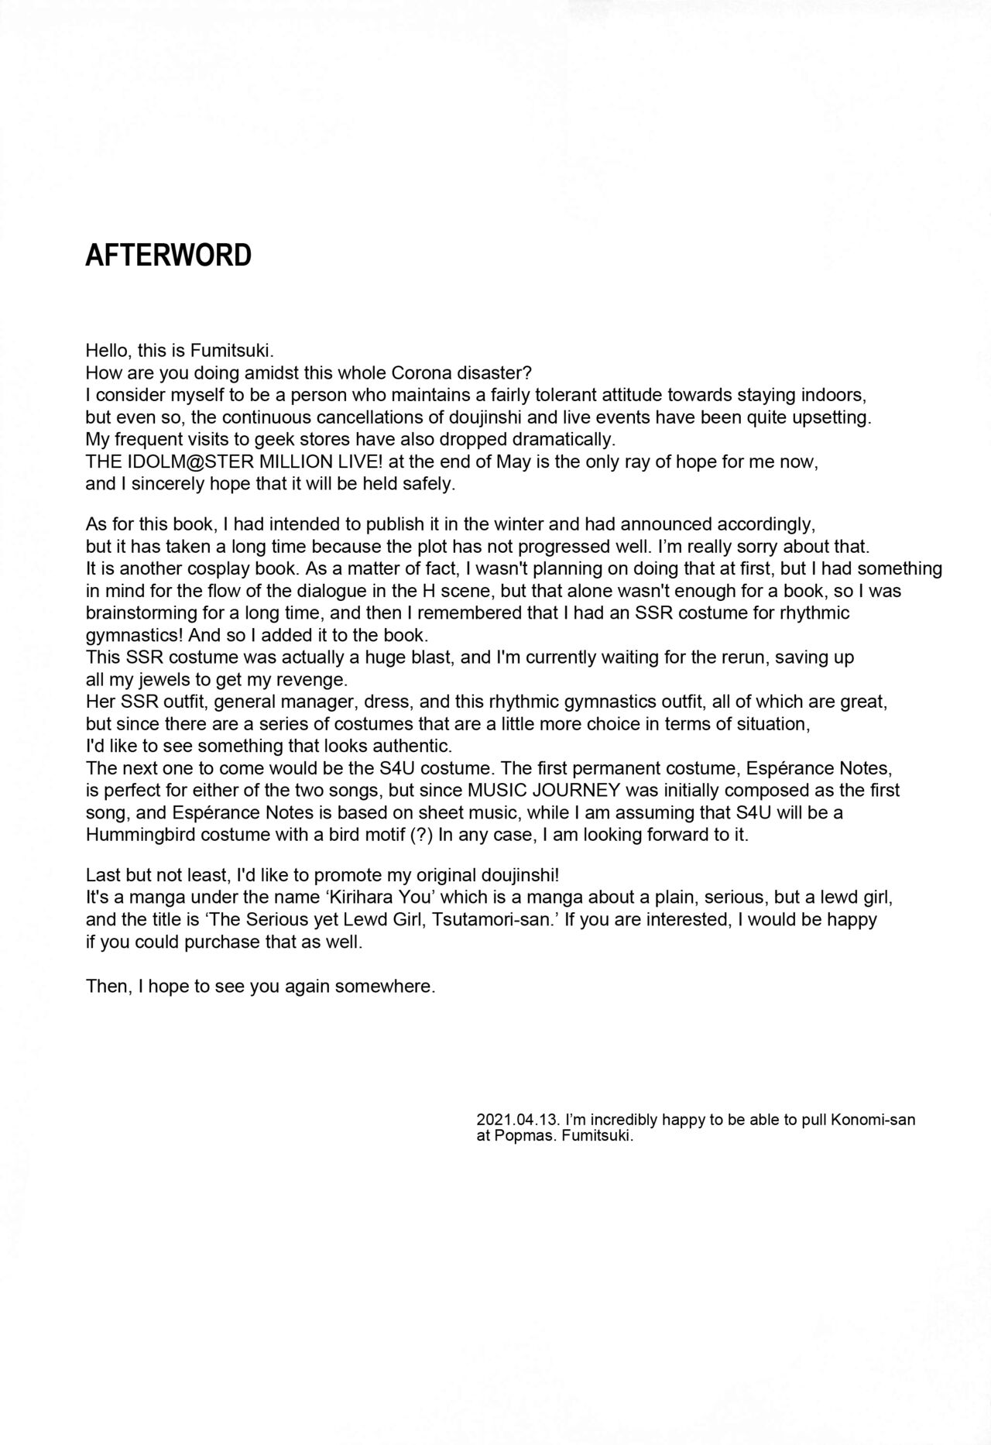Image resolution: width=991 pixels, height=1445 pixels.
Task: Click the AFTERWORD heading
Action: pyautogui.click(x=168, y=255)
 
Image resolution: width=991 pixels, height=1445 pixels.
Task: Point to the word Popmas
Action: pyautogui.click(x=515, y=1138)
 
